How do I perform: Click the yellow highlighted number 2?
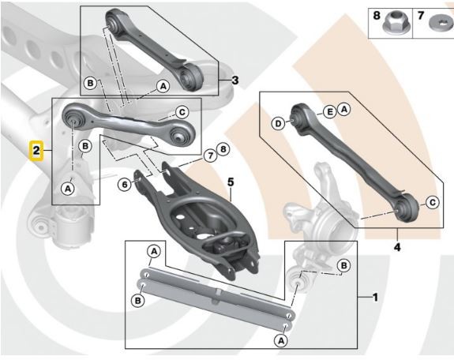coord(36,148)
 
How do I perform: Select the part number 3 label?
coord(235,80)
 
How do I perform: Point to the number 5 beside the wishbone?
coord(231,182)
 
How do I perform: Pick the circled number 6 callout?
coord(125,184)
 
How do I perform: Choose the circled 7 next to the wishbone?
coord(209,155)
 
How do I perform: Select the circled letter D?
coord(278,123)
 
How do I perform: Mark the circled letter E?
coord(329,111)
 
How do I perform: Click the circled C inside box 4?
coord(433,203)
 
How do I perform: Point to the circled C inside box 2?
coord(181,111)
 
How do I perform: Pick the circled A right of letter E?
coord(343,111)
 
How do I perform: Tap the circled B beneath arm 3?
coord(90,83)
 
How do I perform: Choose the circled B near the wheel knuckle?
coord(343,265)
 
